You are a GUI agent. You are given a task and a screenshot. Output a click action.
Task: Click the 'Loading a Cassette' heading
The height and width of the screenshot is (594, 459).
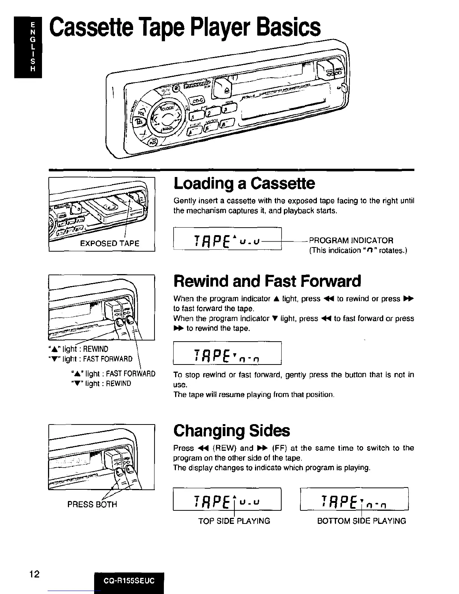pos(244,183)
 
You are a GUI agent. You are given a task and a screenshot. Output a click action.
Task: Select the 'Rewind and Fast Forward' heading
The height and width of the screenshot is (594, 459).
pos(267,281)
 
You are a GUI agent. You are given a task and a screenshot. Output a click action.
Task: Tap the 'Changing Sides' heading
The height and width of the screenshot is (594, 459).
pos(231,430)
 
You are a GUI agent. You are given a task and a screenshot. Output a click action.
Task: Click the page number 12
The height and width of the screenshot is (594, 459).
pos(34,574)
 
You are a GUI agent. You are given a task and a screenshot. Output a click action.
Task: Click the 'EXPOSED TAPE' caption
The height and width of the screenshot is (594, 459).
pos(109,243)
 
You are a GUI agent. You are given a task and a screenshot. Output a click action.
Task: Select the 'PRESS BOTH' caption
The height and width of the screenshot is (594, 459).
pos(92,504)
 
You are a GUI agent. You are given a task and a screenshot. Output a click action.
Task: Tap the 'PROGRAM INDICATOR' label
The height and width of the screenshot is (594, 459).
pos(351,240)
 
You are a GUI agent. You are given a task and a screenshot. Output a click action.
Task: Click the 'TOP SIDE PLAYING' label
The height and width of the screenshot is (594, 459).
pos(234,521)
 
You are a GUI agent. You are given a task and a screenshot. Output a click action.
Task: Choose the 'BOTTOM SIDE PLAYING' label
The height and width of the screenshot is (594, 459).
pos(361,521)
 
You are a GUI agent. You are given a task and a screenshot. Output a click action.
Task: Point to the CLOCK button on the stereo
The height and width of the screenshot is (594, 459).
pos(168,109)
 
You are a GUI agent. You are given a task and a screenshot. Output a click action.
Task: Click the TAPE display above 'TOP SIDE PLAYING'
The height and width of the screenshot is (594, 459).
pos(227,499)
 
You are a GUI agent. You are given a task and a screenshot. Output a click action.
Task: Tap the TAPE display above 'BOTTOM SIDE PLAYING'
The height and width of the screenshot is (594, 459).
pos(354,499)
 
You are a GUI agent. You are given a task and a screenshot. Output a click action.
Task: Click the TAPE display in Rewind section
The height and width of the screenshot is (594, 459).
pos(227,353)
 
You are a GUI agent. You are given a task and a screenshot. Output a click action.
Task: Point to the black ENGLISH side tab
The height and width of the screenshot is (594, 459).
pos(28,46)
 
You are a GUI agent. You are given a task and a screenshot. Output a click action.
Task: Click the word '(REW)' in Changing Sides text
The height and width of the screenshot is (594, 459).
pos(224,448)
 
